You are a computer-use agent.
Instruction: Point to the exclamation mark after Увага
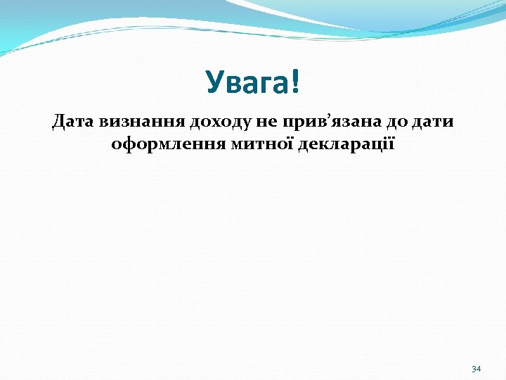(294, 82)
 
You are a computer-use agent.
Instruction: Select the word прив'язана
(309, 122)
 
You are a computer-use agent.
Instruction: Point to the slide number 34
(476, 369)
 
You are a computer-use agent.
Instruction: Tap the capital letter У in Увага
(214, 83)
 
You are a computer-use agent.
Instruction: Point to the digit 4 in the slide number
(479, 369)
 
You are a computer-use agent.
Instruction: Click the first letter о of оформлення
(117, 146)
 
